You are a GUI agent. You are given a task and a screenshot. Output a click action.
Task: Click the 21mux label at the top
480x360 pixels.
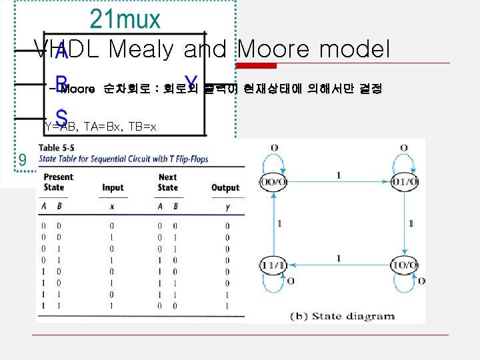click(x=125, y=19)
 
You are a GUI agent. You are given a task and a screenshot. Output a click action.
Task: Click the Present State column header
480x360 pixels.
click(x=58, y=182)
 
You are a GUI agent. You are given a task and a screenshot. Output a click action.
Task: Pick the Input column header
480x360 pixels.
click(x=113, y=187)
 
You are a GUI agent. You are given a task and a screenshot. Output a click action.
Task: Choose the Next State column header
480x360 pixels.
click(x=167, y=182)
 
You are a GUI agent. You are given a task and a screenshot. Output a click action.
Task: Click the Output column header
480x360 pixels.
click(x=225, y=187)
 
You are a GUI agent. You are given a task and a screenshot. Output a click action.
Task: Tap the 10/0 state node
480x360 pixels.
click(x=405, y=265)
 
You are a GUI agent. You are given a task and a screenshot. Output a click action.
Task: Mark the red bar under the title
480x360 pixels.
click(x=259, y=65)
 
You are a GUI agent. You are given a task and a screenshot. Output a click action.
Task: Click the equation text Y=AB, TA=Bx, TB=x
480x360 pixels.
click(x=100, y=126)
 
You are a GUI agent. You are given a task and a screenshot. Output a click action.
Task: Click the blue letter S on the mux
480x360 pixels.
click(x=61, y=115)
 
